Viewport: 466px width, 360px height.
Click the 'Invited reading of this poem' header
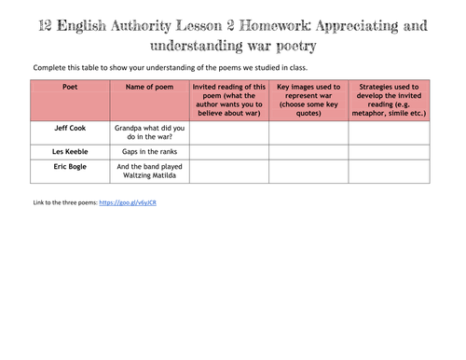pyautogui.click(x=229, y=100)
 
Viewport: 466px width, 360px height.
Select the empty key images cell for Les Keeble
pyautogui.click(x=308, y=149)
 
